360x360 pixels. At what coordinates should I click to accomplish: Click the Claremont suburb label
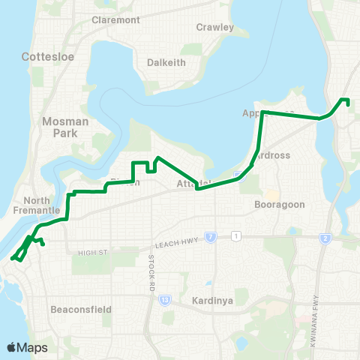coord(115,20)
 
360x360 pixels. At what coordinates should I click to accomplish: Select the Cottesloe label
coord(46,56)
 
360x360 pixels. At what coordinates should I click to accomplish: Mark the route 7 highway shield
coord(211,237)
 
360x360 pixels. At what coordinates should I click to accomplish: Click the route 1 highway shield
coord(236,237)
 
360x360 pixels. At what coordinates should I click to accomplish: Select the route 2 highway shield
coord(325,238)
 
